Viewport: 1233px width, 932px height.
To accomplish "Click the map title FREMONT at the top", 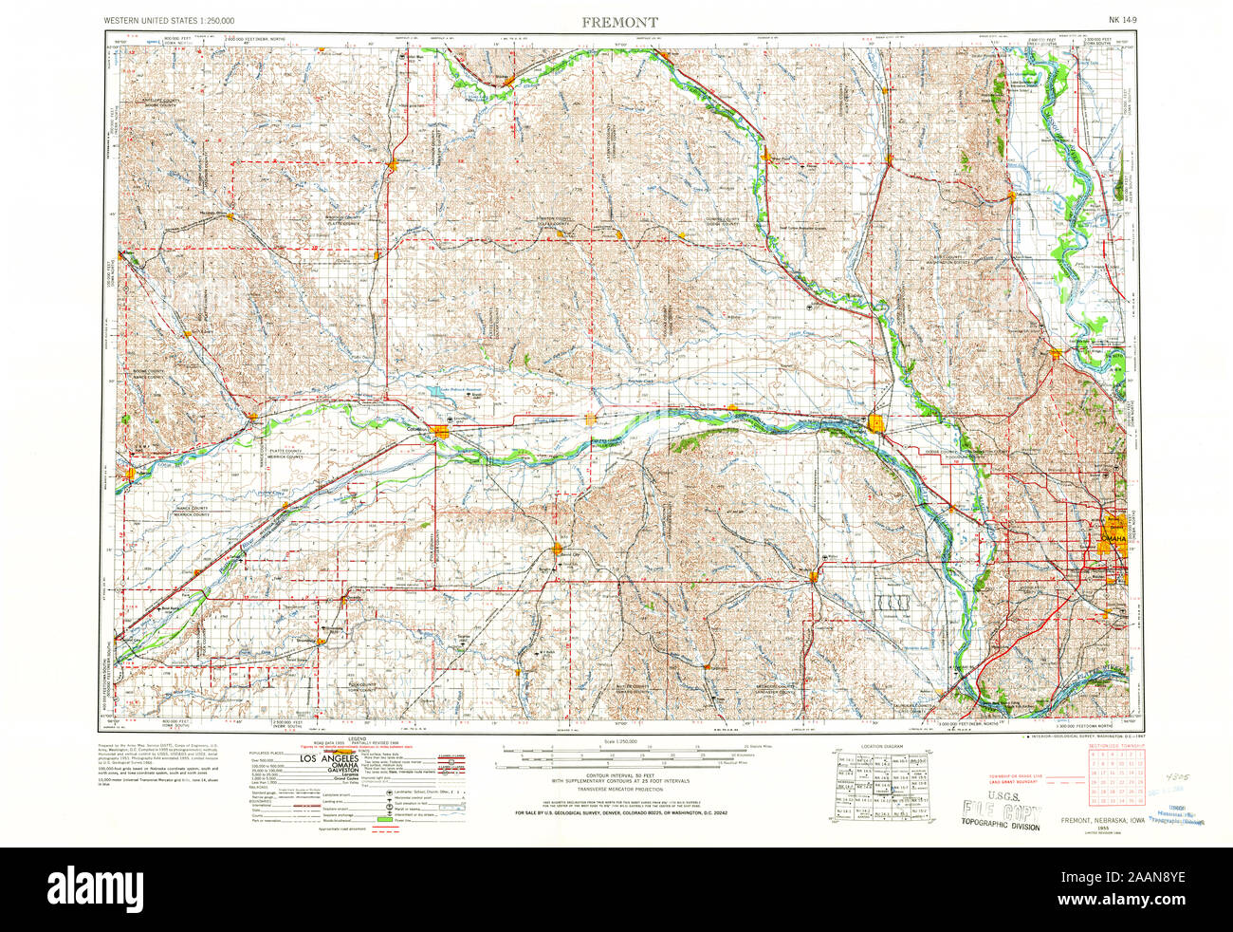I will tap(621, 21).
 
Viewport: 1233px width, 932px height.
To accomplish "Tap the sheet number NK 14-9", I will tap(1126, 21).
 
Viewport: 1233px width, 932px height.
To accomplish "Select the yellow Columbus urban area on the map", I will tap(442, 433).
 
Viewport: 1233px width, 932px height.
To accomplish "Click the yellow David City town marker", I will tap(559, 548).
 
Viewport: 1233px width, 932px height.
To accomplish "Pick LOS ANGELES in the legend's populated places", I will tap(327, 760).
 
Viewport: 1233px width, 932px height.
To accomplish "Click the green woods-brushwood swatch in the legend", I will tap(385, 817).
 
